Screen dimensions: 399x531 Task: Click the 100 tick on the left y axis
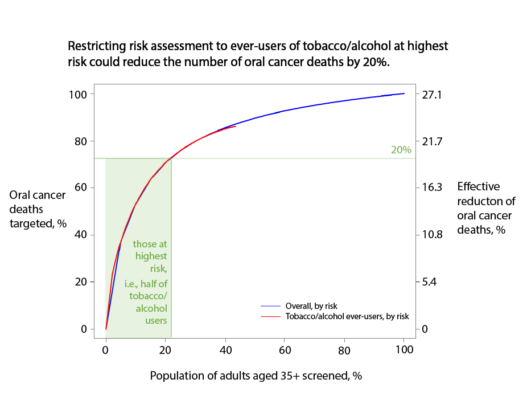coord(78,94)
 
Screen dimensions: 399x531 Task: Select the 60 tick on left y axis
coord(81,188)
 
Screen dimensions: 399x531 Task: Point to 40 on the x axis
coord(225,349)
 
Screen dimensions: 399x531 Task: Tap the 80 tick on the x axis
coord(344,349)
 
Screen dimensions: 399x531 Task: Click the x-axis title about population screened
coord(256,376)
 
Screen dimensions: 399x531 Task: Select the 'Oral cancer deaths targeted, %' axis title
coord(38,209)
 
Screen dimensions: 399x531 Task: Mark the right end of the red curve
coord(236,127)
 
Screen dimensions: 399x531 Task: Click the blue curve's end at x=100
coord(404,93)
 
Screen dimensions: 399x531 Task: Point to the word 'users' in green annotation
coord(156,320)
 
